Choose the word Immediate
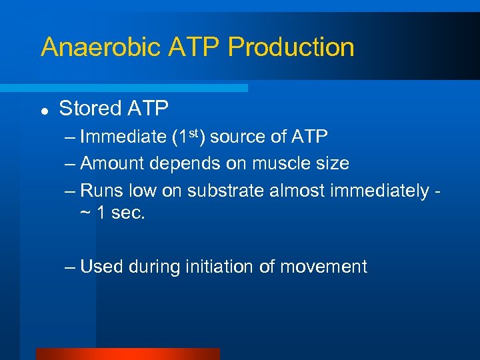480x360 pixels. (x=123, y=137)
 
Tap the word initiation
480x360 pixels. (x=207, y=267)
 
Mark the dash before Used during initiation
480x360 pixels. (x=71, y=267)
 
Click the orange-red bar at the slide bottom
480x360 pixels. (x=127, y=354)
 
